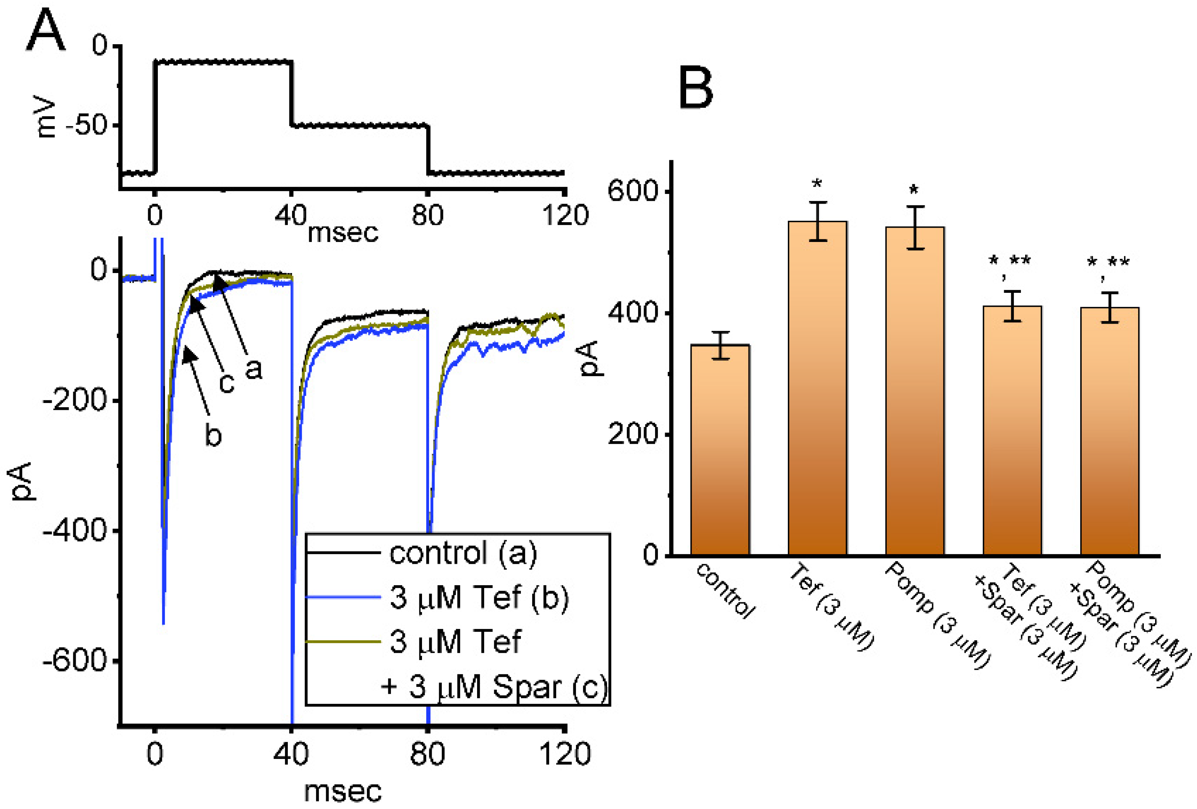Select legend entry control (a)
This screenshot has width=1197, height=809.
click(462, 553)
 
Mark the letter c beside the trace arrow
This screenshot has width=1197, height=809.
click(227, 383)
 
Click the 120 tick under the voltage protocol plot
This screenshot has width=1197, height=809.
click(564, 215)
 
